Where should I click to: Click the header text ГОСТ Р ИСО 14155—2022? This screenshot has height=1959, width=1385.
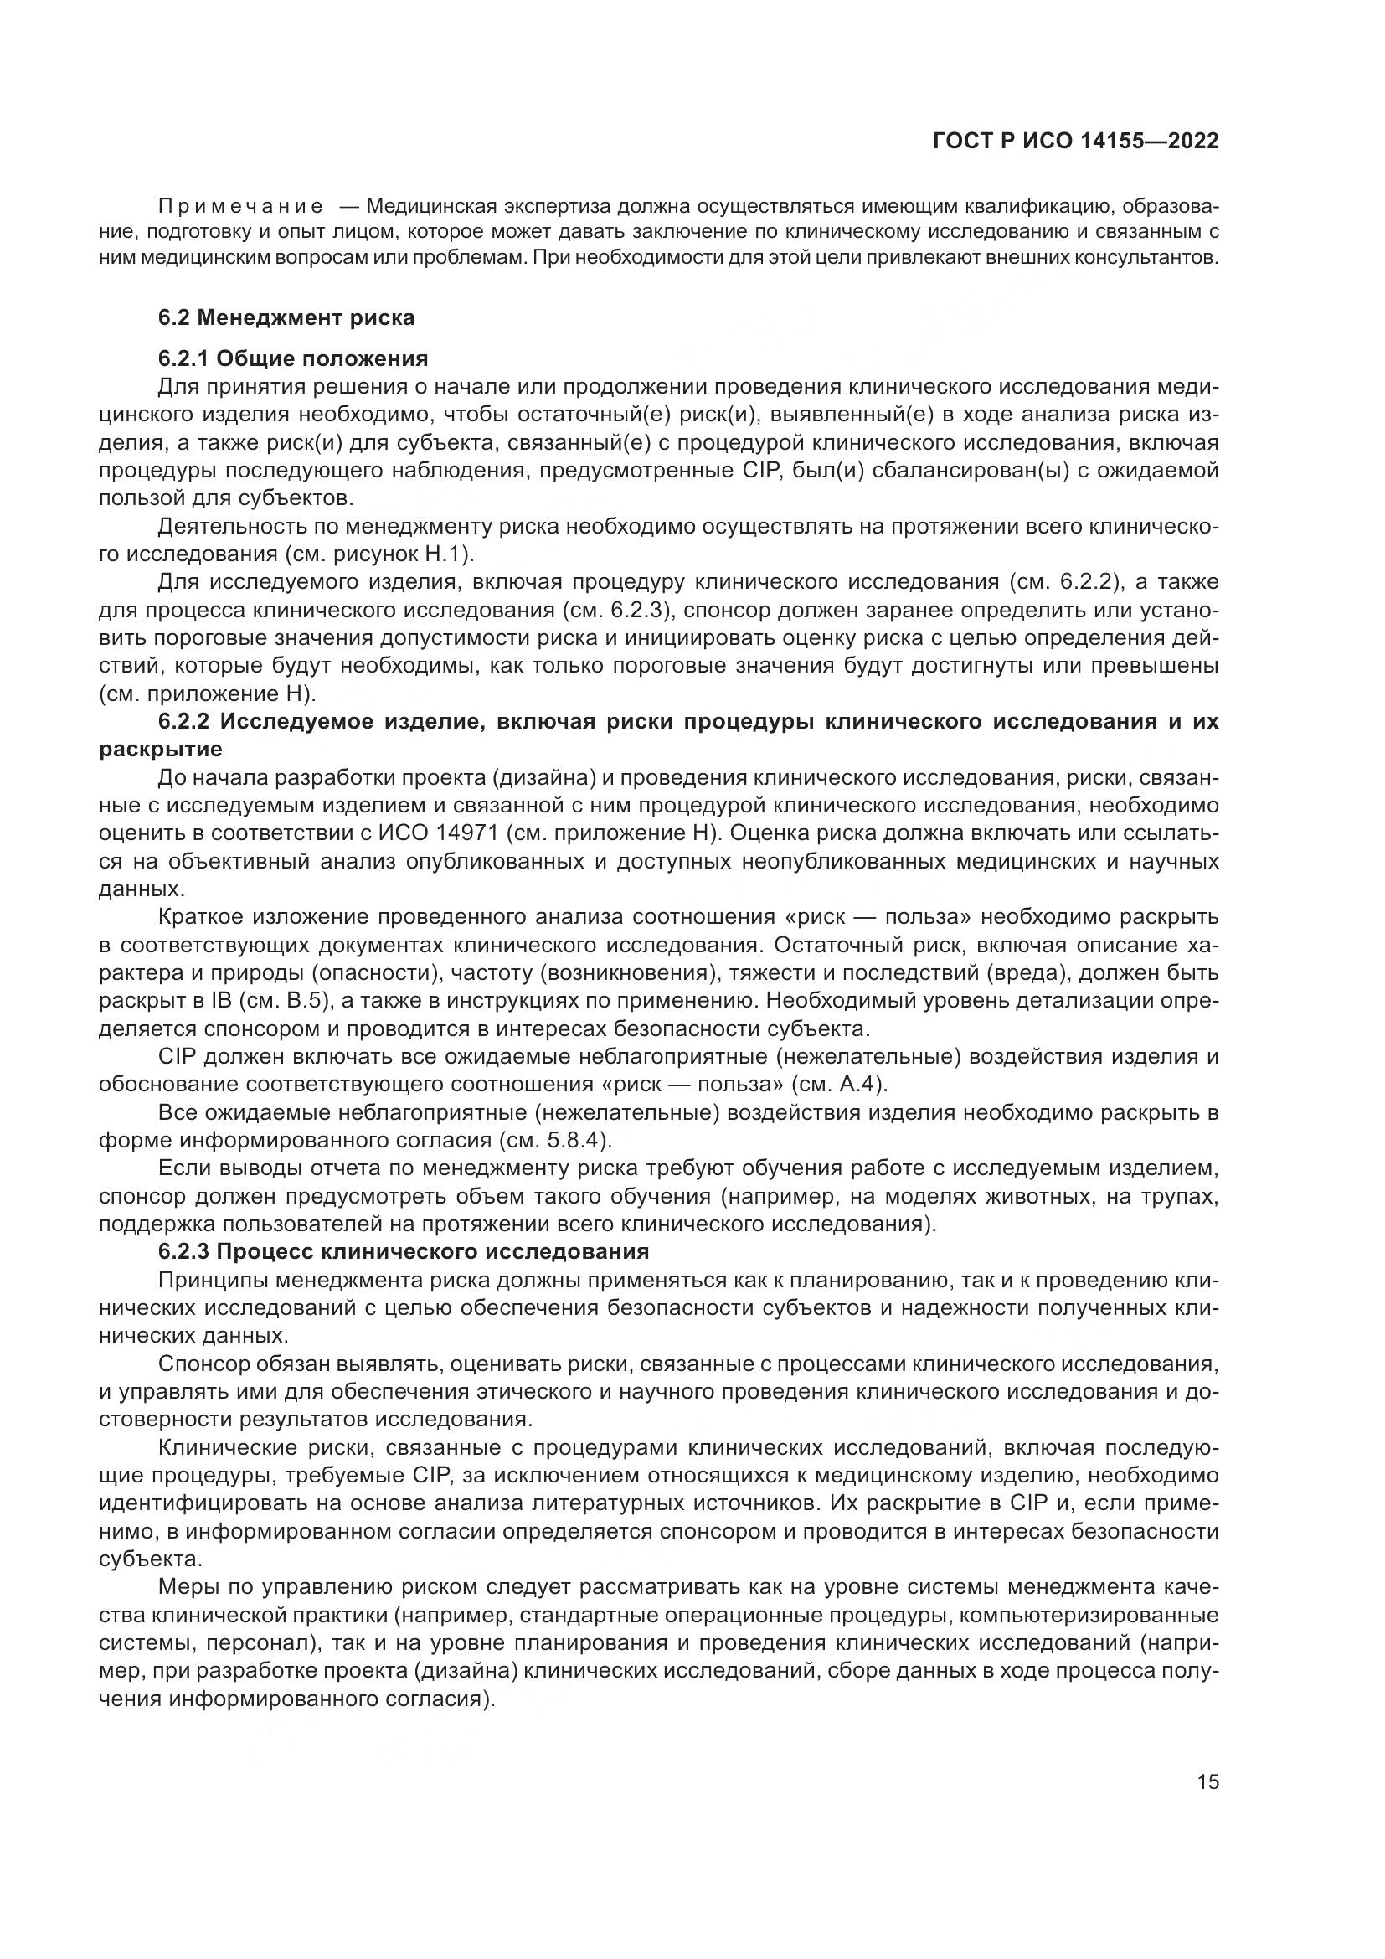(1075, 142)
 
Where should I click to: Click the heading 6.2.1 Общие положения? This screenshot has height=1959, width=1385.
(292, 358)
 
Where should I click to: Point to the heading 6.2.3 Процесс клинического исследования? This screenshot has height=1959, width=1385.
(404, 1251)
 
